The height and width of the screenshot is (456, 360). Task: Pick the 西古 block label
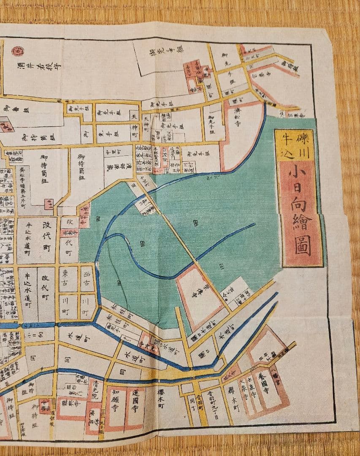(x=87, y=279)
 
